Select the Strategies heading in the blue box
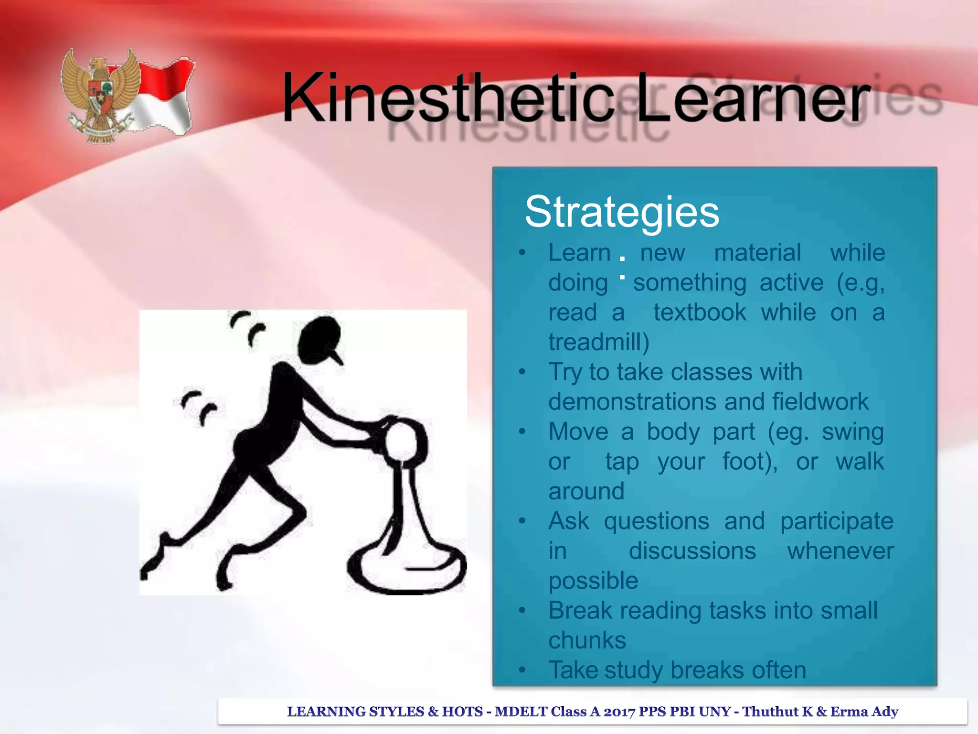coord(622,212)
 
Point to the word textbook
coord(700,313)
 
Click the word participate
coord(837,521)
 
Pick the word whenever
coord(840,551)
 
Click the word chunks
coord(587,640)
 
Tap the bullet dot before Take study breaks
coord(522,670)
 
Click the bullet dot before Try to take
coord(522,372)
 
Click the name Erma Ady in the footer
coord(864,712)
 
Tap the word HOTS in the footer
coord(462,712)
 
